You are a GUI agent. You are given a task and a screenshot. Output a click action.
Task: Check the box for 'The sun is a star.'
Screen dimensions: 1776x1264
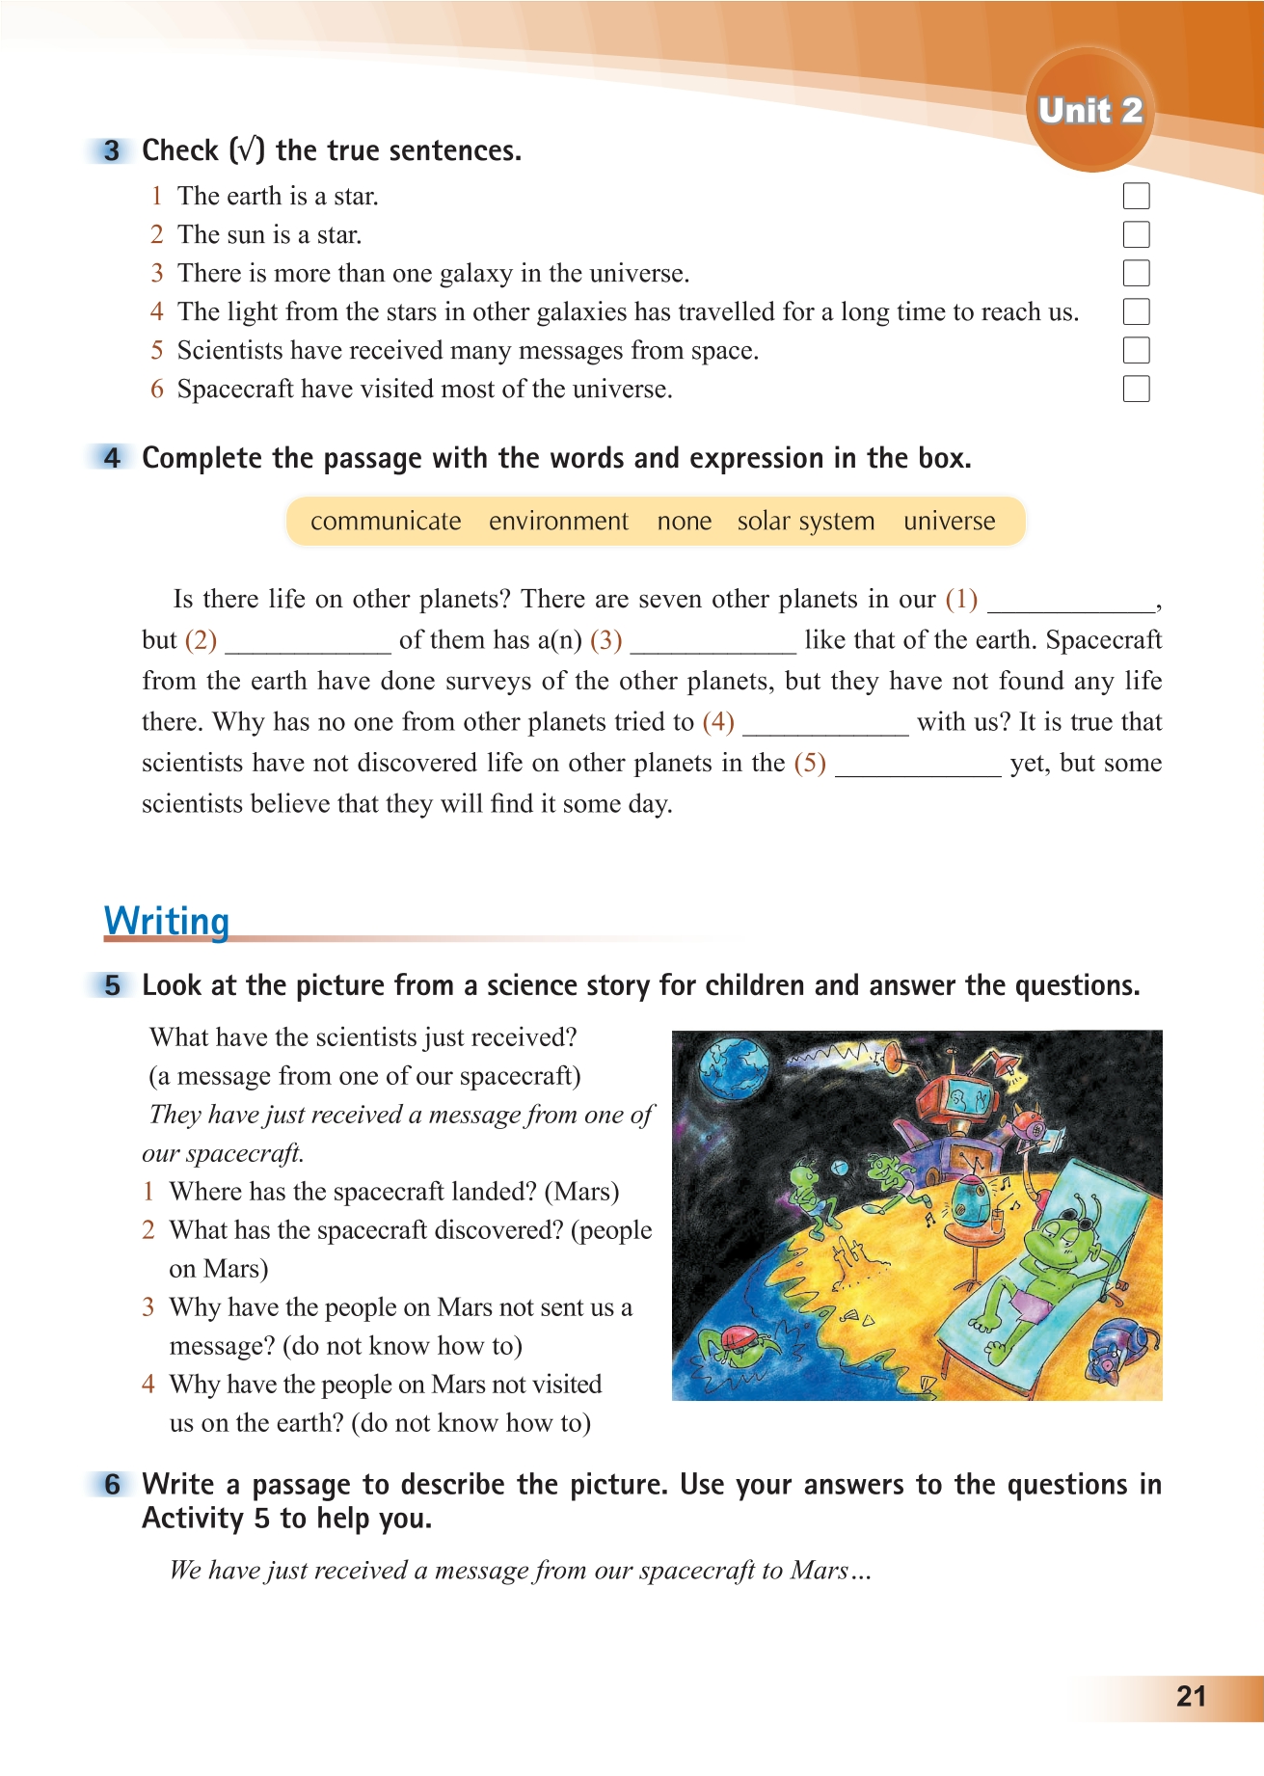pos(1136,234)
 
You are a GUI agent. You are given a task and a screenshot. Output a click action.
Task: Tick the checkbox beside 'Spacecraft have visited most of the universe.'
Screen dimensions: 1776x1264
pos(1136,389)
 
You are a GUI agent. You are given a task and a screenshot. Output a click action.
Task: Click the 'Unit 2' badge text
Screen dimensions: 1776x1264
pos(1090,111)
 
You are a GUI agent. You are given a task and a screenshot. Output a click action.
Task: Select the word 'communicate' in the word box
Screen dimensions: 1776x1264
pos(386,522)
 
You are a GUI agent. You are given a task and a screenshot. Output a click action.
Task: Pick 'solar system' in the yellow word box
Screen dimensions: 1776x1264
pos(806,522)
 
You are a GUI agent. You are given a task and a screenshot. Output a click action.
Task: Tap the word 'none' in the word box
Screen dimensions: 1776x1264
pos(685,522)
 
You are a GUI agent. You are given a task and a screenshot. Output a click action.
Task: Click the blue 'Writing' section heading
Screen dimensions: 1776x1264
pos(167,921)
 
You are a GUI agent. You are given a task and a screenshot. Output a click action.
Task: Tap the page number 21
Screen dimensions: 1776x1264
pos(1192,1696)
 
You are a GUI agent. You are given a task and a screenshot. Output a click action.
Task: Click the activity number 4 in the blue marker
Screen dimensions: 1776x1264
pos(113,458)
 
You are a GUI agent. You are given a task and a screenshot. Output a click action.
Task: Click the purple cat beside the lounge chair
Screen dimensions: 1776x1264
pos(1117,1349)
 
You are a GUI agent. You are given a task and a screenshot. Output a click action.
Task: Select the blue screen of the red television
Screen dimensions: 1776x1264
pos(964,1098)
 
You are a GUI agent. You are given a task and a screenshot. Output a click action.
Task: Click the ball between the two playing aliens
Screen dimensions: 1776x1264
pos(839,1168)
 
